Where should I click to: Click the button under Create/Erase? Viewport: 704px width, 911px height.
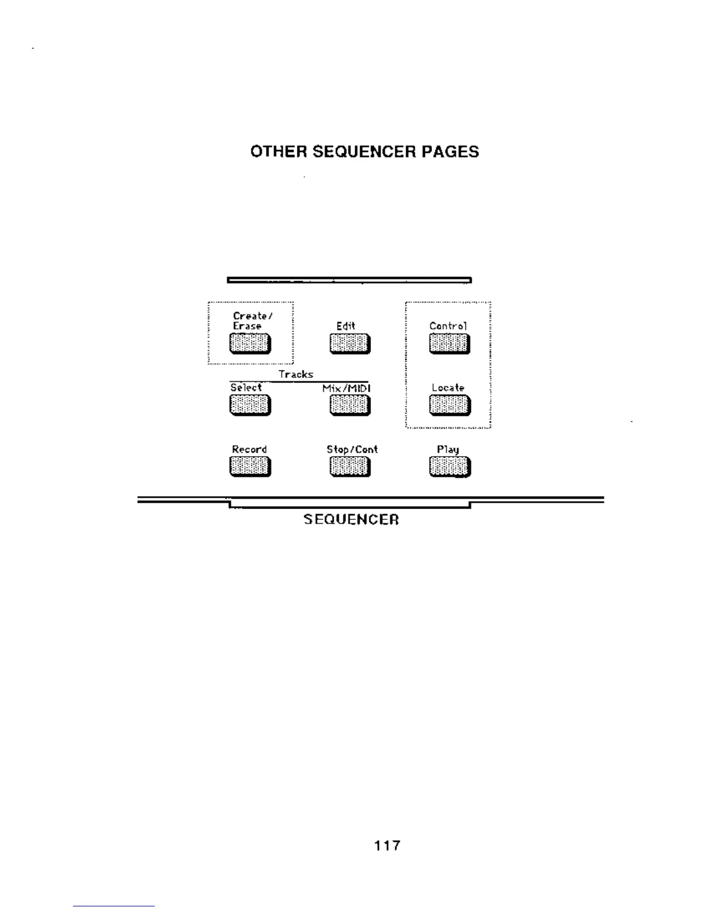250,344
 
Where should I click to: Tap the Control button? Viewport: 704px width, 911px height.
449,344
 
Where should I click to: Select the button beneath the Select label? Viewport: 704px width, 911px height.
250,405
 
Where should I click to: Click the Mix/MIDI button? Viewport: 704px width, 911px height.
350,405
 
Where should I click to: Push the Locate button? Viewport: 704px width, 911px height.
449,405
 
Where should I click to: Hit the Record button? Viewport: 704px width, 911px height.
250,466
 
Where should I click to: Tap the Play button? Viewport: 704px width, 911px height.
449,467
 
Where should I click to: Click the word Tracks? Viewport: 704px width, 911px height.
296,374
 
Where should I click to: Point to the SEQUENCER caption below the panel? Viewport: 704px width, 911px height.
351,519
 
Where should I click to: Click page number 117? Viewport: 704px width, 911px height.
387,845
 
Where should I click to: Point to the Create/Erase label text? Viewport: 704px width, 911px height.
252,321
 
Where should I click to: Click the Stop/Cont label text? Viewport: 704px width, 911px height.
352,449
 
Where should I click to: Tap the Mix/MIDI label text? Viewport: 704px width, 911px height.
346,388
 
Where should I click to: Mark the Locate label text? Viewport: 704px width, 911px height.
448,388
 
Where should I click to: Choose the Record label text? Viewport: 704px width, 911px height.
249,449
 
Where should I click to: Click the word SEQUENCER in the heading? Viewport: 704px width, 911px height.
364,152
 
